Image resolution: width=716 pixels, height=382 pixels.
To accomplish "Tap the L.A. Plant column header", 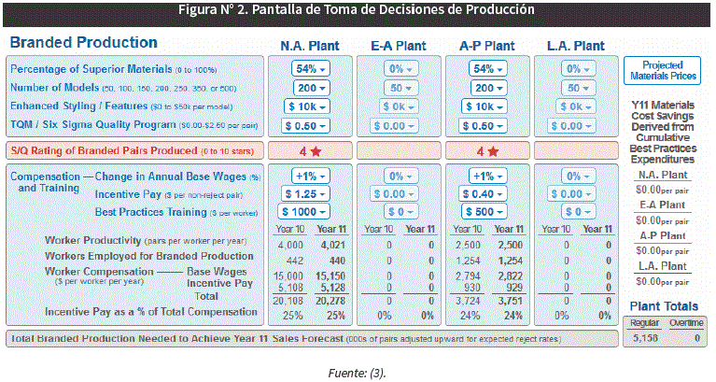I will [575, 45].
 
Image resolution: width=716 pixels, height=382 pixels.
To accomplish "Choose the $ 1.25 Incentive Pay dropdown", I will [306, 193].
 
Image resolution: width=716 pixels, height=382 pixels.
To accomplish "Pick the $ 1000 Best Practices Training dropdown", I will [306, 211].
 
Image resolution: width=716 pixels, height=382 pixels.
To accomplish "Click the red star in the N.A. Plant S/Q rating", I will [316, 150].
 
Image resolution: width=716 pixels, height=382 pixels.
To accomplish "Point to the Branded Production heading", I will [82, 43].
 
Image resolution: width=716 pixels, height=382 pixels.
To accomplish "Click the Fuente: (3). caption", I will [358, 371].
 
